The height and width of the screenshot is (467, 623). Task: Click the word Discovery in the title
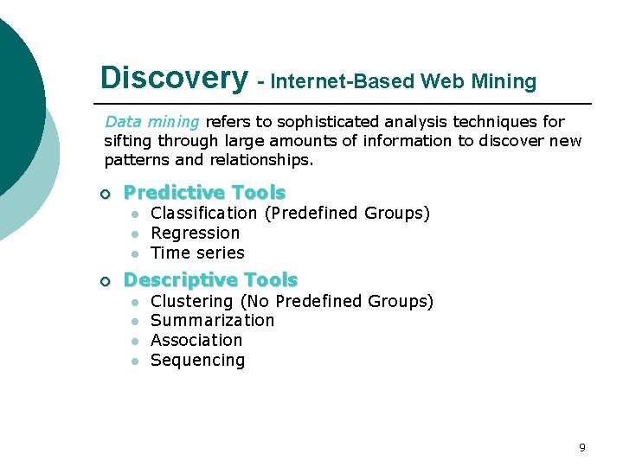(173, 78)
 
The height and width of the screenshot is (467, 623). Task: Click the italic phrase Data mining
(151, 122)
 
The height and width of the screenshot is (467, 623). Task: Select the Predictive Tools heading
(204, 192)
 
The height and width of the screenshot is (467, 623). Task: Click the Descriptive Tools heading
(210, 280)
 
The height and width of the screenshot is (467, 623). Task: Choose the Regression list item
(196, 233)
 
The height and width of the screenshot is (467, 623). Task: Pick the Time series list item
(197, 253)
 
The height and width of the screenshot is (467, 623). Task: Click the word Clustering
(192, 302)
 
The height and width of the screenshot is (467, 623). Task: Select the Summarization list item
(212, 321)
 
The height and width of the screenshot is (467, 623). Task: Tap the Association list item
(196, 341)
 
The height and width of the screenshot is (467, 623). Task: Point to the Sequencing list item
(197, 361)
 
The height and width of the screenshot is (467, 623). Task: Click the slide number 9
(581, 447)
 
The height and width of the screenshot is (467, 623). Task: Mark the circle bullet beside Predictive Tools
(106, 193)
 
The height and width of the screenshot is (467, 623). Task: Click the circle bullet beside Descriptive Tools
(106, 281)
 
